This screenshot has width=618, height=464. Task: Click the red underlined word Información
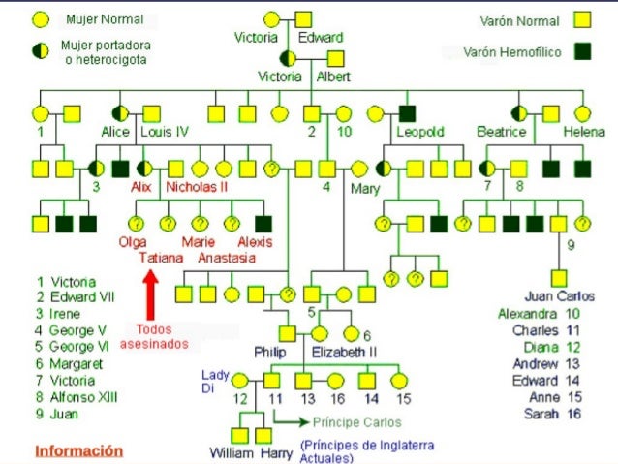[x=79, y=450]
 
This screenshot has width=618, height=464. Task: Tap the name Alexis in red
[x=255, y=242]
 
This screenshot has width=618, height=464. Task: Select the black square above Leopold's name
[x=407, y=113]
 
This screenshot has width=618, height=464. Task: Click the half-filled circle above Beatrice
[x=520, y=113]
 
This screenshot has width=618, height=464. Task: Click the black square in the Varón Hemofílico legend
[x=582, y=51]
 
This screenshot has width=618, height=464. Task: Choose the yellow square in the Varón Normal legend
[x=582, y=19]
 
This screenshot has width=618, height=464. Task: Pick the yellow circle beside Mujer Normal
[x=41, y=19]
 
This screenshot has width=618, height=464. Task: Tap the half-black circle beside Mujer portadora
[x=41, y=51]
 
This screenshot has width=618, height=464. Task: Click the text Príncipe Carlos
[x=356, y=422]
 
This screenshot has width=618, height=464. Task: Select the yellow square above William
[x=238, y=435]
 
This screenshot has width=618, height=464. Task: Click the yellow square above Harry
[x=264, y=435]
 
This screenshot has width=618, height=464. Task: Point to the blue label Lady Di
[x=216, y=380]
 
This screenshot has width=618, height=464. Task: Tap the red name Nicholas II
[x=197, y=186]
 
